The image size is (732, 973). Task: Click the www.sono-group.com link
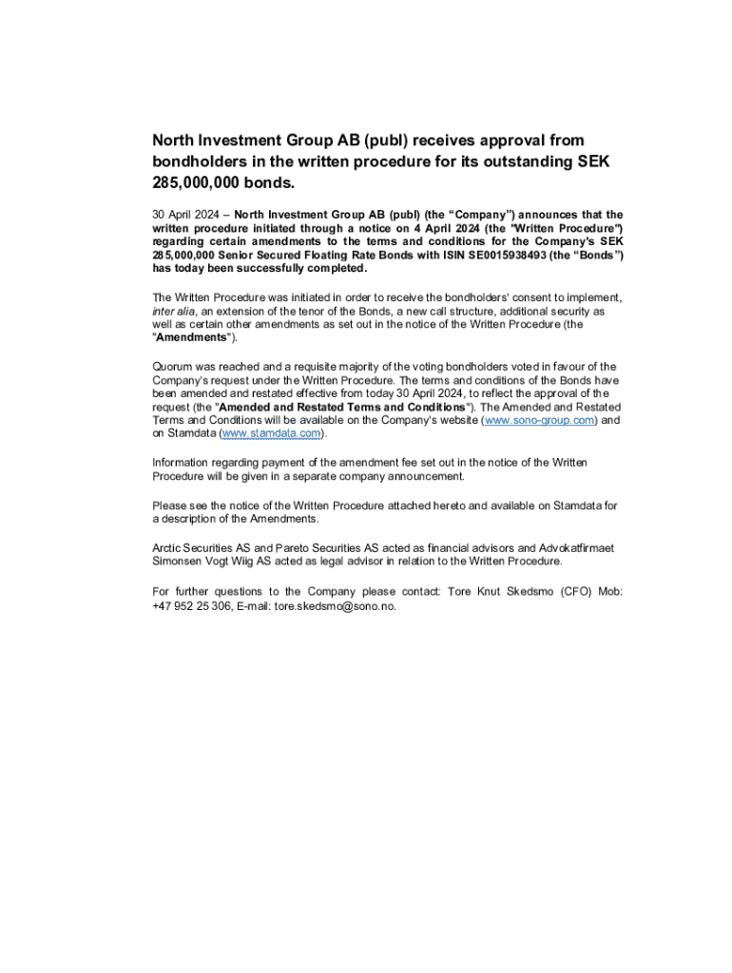540,419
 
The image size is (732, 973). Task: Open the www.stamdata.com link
273,433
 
